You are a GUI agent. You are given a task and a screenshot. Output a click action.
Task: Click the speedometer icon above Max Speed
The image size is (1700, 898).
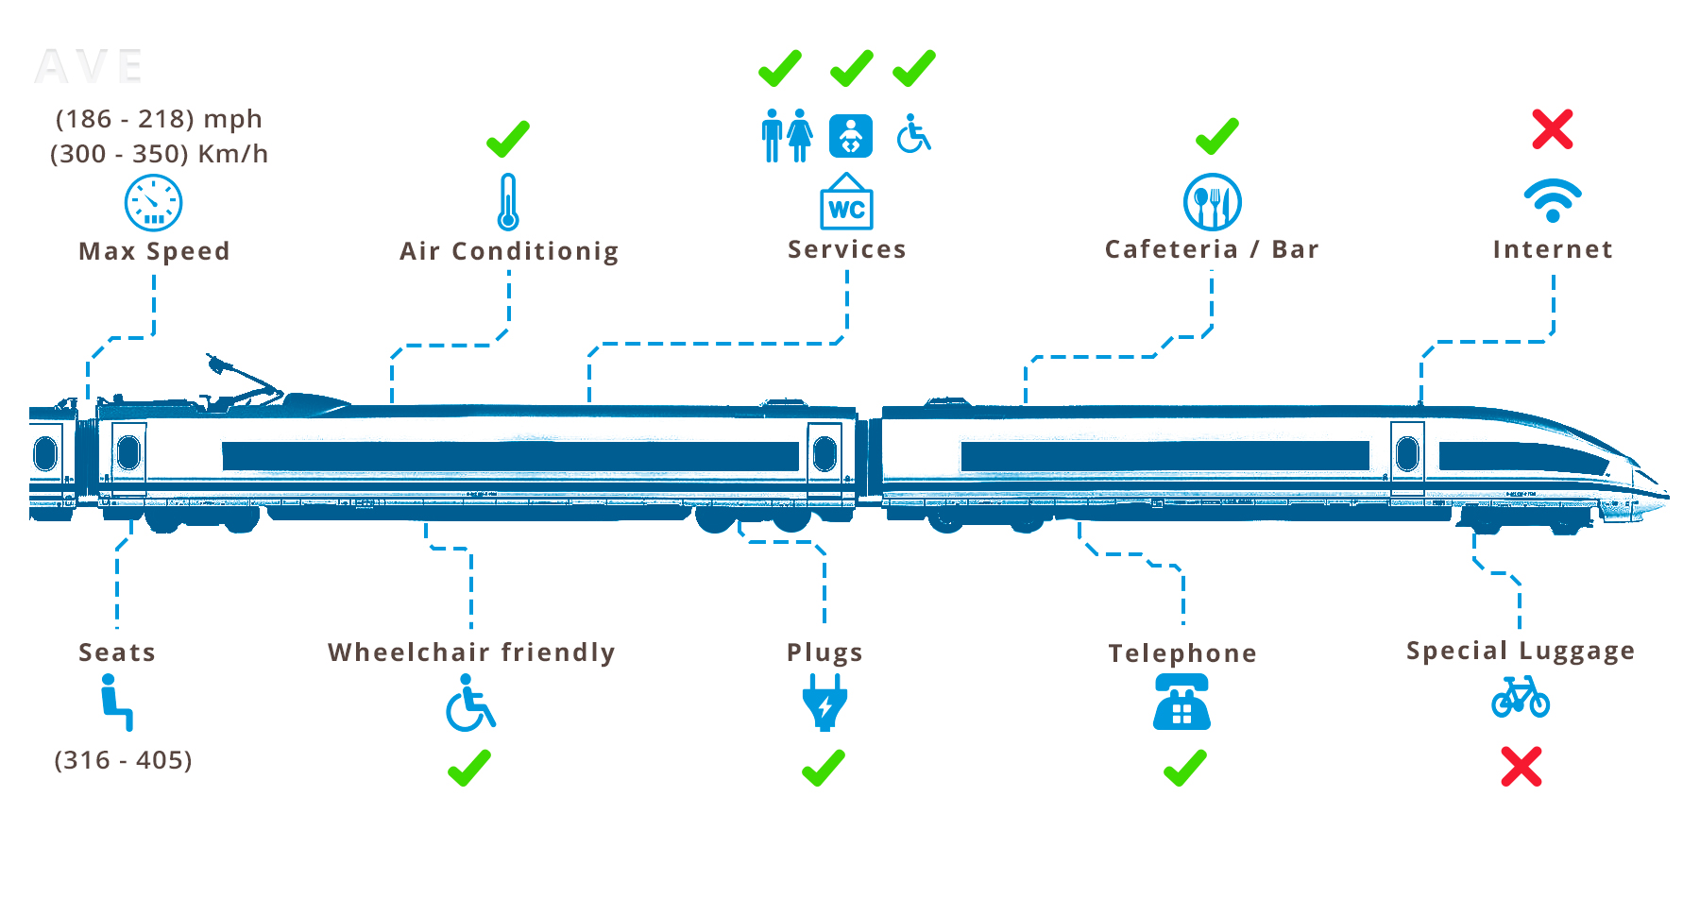pos(153,202)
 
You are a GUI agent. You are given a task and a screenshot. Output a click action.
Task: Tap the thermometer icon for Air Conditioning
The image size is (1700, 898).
pos(508,202)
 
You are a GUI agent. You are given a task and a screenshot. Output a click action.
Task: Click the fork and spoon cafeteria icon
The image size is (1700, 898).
pos(1213,202)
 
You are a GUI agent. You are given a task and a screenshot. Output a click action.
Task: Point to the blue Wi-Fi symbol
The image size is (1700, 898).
pos(1553,200)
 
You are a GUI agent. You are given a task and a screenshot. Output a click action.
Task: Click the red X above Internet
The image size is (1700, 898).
pos(1553,129)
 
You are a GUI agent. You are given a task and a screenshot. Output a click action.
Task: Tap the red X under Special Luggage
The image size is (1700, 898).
pos(1521,767)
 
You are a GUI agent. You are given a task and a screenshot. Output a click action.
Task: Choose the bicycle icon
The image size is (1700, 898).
pos(1521,698)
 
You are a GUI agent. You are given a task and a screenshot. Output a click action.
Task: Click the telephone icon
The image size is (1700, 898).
pos(1181,703)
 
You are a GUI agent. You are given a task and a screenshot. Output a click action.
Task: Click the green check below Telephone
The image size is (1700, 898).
pos(1185,768)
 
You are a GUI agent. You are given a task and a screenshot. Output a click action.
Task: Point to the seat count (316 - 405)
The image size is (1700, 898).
pos(123,760)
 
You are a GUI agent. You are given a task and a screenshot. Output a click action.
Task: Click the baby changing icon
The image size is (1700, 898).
pos(850,136)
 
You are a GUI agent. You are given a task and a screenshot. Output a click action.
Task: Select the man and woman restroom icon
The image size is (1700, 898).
pos(787,136)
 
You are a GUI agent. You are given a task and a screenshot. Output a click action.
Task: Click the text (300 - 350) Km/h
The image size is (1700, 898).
pos(159,154)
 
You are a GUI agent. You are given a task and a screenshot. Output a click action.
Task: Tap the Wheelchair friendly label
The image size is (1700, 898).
pos(471,652)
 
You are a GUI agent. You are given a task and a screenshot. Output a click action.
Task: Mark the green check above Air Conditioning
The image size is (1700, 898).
pos(508,139)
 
